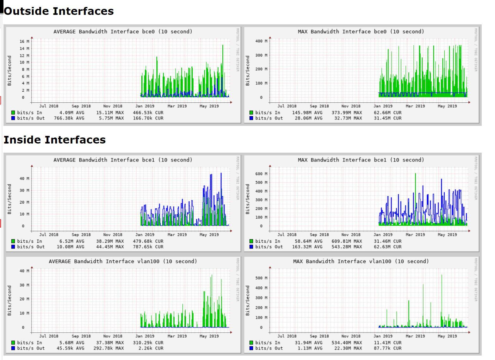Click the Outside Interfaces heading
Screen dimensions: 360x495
click(59, 11)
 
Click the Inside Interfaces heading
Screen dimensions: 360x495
click(54, 140)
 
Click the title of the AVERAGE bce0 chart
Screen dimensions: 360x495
click(123, 32)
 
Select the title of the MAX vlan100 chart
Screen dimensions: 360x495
click(361, 261)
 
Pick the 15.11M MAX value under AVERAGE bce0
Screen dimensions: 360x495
click(110, 113)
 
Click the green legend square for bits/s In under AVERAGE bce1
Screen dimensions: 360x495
click(13, 241)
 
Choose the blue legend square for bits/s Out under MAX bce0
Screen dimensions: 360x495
click(251, 118)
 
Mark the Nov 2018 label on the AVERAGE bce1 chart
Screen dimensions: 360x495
click(113, 235)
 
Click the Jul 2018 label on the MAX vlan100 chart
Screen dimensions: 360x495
click(287, 336)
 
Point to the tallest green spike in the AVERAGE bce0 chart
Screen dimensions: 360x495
click(223, 46)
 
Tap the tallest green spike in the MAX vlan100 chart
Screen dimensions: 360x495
click(442, 276)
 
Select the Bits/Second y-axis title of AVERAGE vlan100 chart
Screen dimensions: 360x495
click(9, 300)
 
